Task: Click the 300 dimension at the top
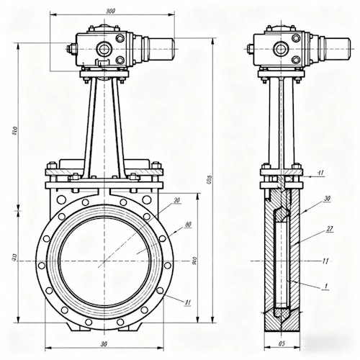110,12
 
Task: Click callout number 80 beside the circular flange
187,225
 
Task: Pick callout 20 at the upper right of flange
177,200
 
